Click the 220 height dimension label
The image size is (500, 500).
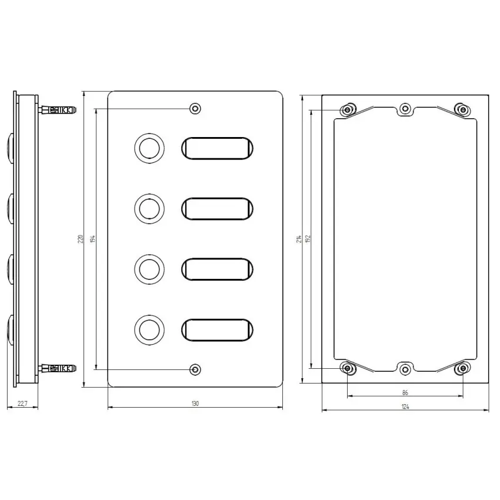(81, 239)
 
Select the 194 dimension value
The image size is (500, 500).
(93, 239)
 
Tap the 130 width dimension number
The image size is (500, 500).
(195, 404)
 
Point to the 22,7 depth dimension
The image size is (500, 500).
(22, 404)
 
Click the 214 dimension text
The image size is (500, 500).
(299, 239)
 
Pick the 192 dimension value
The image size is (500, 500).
(308, 239)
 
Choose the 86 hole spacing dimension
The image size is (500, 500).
(405, 392)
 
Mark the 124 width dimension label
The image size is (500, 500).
(405, 406)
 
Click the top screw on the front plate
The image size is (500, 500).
(195, 109)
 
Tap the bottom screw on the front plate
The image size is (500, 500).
(195, 369)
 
